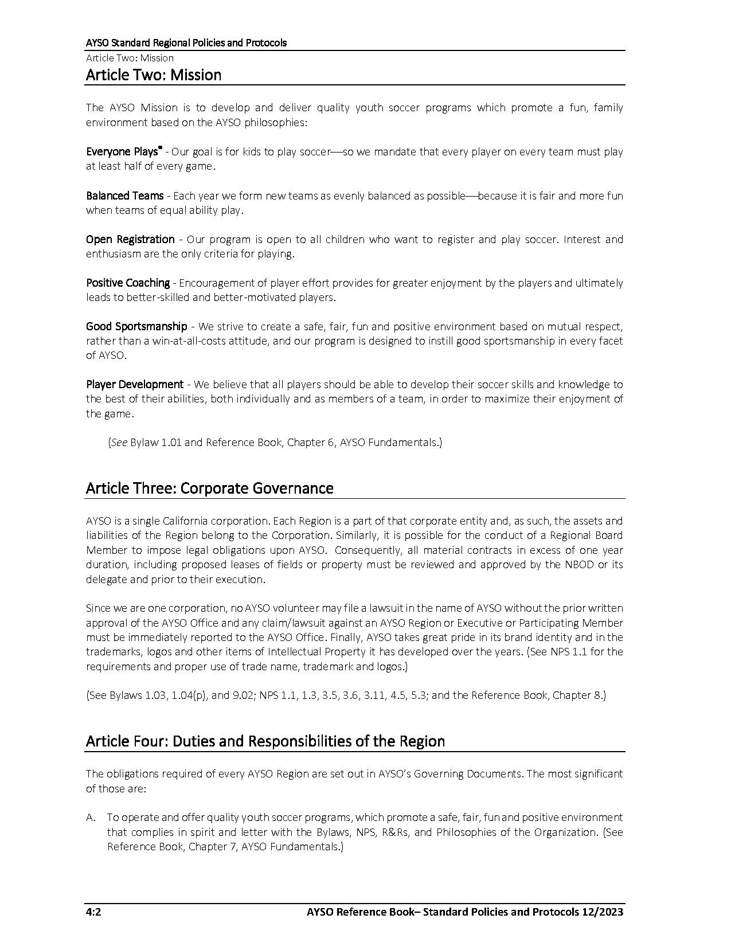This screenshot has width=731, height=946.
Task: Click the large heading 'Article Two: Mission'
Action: (x=154, y=75)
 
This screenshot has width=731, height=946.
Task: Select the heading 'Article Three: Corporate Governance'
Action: (x=209, y=488)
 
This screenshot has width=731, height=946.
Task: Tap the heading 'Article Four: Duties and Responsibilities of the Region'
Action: (x=265, y=741)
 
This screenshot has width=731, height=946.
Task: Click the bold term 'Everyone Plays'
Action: (x=122, y=152)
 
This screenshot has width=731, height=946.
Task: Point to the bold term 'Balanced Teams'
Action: (x=124, y=196)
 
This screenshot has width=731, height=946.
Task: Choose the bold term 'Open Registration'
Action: (x=130, y=240)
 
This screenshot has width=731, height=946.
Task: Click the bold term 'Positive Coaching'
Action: (x=128, y=283)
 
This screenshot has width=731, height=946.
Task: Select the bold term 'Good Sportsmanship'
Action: (x=136, y=327)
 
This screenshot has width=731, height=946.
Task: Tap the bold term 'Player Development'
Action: (x=135, y=385)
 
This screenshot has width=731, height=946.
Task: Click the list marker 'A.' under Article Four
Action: (x=91, y=818)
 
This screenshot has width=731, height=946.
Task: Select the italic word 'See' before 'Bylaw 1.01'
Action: (x=119, y=443)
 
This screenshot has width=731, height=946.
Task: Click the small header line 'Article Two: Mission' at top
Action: (x=130, y=58)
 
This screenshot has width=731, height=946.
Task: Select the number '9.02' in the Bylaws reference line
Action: (x=243, y=695)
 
